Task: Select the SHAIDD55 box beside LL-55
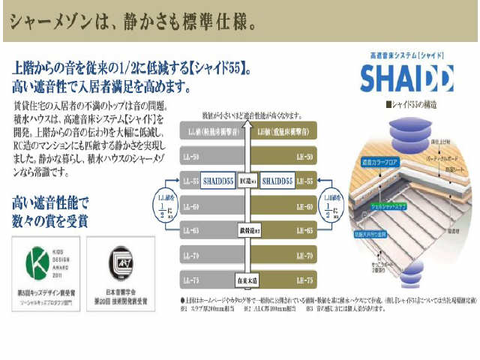[217, 181]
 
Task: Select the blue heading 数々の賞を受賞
[50, 220]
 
